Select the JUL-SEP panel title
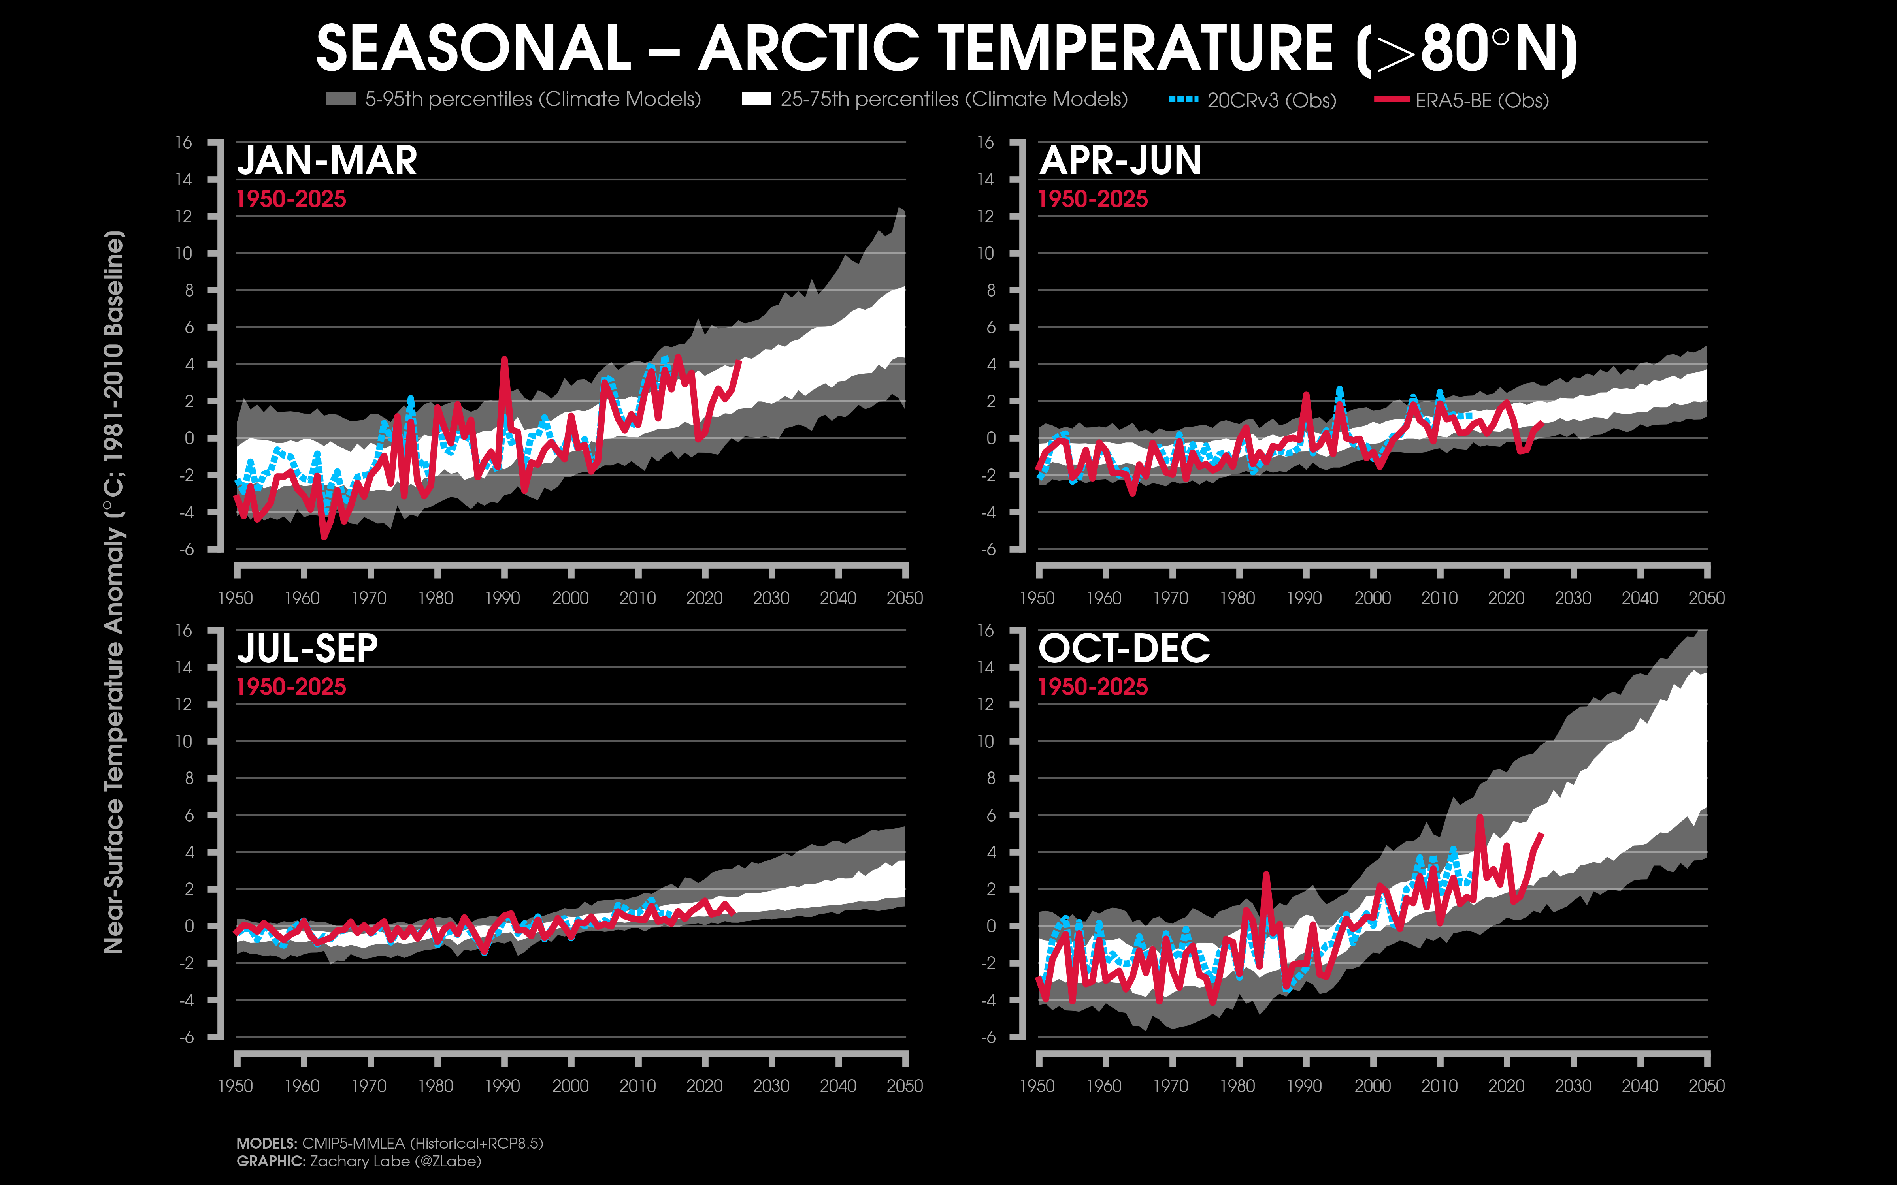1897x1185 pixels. coord(307,649)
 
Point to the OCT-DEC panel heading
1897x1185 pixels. coord(1124,649)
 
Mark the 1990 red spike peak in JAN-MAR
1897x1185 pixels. coord(504,359)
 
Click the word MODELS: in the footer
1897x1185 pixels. coord(266,1144)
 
